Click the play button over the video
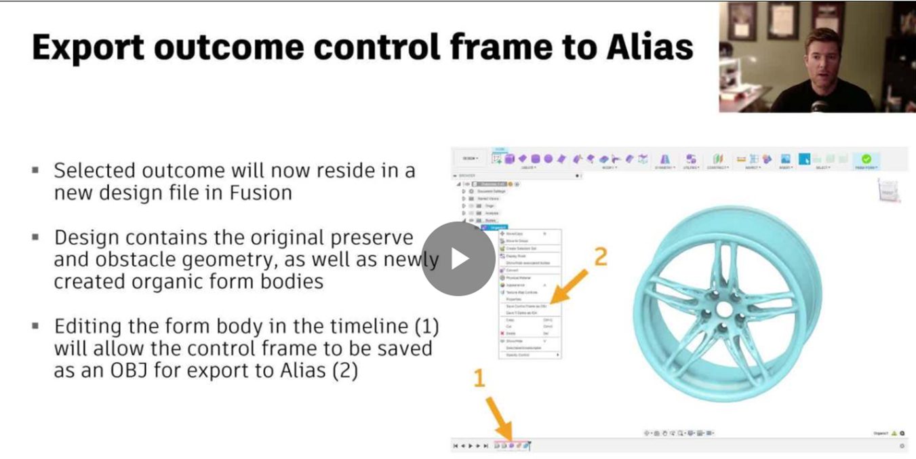click(458, 259)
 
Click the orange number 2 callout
click(600, 257)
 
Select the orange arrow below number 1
click(498, 418)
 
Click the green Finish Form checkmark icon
click(866, 159)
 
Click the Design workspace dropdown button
click(470, 159)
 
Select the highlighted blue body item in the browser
click(493, 227)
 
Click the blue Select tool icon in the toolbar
click(804, 159)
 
